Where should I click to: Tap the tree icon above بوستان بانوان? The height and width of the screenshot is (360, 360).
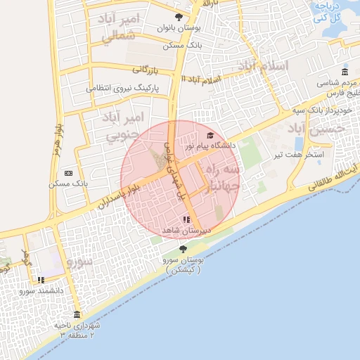click(179, 16)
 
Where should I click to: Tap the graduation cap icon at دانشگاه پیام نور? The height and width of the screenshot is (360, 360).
click(210, 135)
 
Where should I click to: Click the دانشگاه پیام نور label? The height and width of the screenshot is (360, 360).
click(209, 146)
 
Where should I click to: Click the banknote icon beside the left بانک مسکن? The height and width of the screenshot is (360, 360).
click(68, 172)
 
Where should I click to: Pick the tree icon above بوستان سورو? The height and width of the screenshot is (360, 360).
click(184, 249)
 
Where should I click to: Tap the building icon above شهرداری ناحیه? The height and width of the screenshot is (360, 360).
click(77, 314)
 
